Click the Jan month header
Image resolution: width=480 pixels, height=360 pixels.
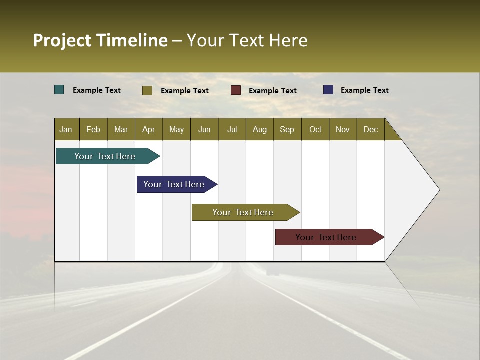(66, 129)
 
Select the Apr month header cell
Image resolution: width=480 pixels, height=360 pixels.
(149, 129)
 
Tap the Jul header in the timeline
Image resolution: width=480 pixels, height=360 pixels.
(232, 129)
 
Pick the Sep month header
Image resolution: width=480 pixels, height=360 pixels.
(287, 129)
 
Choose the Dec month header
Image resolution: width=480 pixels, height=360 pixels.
(370, 129)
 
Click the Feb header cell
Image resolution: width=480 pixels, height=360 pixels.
(93, 129)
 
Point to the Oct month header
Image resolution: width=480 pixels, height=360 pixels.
(315, 129)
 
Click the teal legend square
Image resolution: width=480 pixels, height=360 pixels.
(59, 90)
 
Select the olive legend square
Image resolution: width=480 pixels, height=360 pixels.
(147, 90)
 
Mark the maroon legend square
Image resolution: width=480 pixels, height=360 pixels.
(236, 90)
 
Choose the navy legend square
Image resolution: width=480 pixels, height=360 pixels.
(328, 90)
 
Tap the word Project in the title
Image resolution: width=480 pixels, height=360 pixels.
(62, 40)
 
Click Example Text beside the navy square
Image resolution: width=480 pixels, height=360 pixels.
(364, 90)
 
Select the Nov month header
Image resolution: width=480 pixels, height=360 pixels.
(343, 129)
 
